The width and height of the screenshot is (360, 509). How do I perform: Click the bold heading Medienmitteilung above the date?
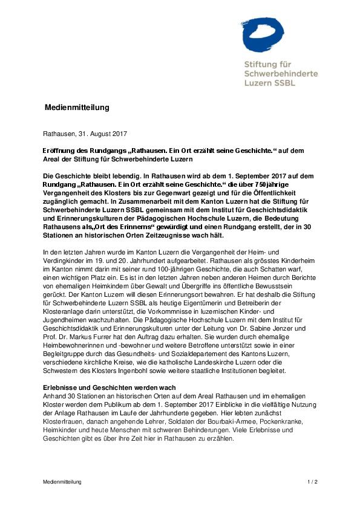pyautogui.click(x=77, y=108)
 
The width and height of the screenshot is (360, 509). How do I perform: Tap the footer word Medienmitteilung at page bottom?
pyautogui.click(x=62, y=482)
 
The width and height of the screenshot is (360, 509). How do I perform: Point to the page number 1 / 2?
pyautogui.click(x=312, y=482)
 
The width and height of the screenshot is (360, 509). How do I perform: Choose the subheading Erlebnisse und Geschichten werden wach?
pyautogui.click(x=110, y=387)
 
